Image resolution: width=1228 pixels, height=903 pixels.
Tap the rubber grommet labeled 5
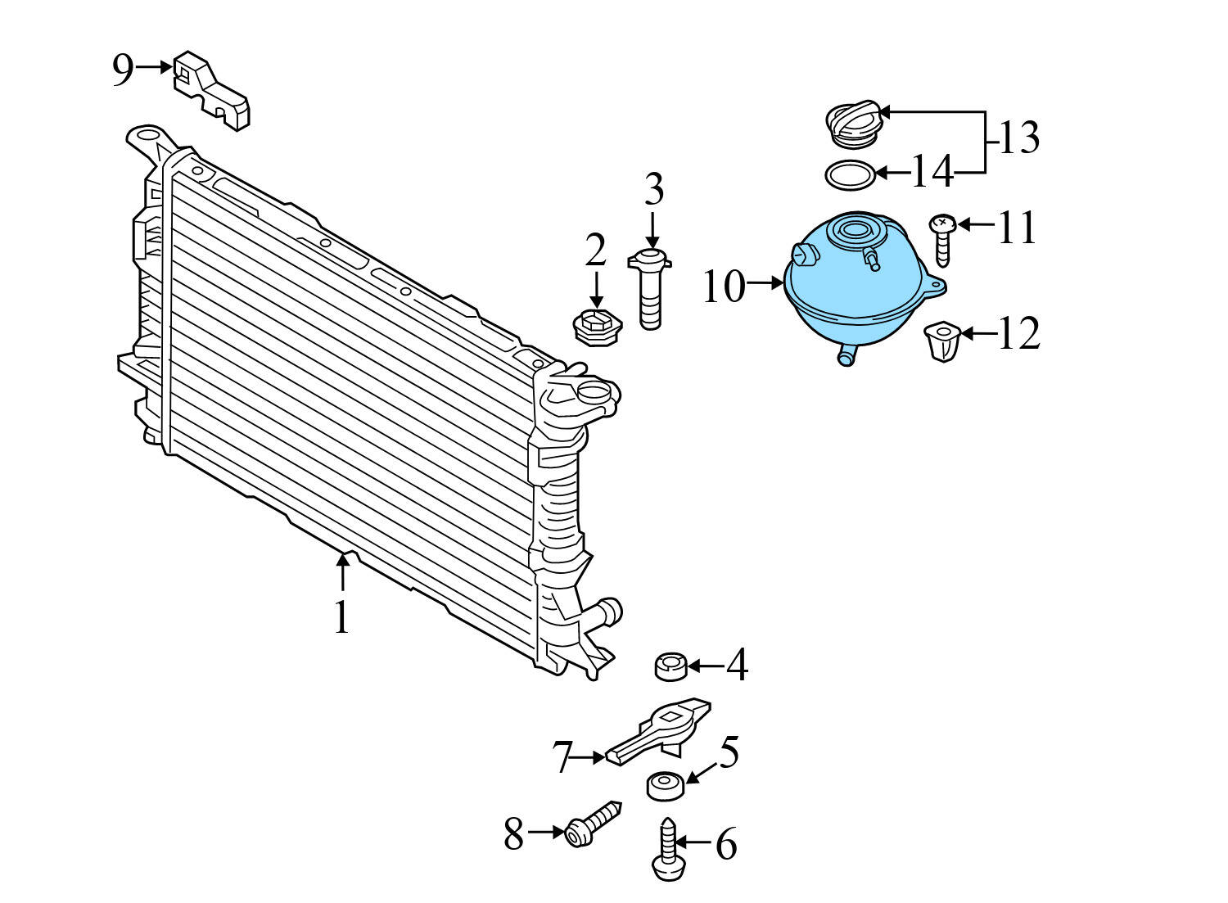[x=666, y=785]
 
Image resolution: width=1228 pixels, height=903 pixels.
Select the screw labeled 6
[x=668, y=852]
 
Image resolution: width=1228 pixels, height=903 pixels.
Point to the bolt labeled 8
[x=593, y=822]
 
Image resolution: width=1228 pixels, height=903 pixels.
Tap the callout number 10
[x=724, y=287]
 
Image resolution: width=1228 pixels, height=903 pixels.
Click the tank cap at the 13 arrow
[x=854, y=125]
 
